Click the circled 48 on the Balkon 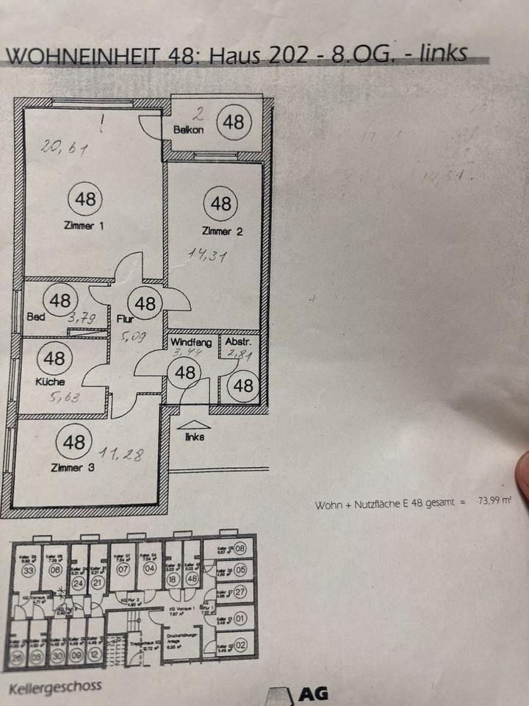[234, 121]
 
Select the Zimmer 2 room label [222, 232]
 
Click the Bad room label [35, 318]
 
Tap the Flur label [124, 319]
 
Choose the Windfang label [191, 343]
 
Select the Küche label [49, 382]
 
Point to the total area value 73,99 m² [494, 503]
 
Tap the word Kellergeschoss [55, 688]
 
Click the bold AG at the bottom [313, 693]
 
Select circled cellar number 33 [29, 571]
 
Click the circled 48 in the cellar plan [192, 579]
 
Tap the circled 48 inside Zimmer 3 [74, 442]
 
